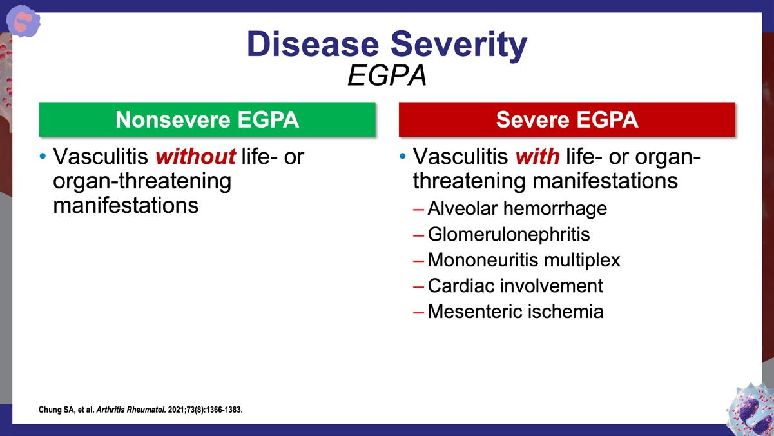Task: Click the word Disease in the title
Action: click(313, 45)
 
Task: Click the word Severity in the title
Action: click(459, 46)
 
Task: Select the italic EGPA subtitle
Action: click(387, 75)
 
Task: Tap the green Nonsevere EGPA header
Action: click(208, 119)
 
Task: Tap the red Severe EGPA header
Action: click(567, 119)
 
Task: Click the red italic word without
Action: click(195, 156)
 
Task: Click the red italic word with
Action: click(537, 156)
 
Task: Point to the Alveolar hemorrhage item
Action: click(518, 208)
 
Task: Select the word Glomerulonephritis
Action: click(508, 234)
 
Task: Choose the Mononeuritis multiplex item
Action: click(524, 260)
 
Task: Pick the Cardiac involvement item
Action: click(515, 286)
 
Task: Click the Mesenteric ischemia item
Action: click(516, 311)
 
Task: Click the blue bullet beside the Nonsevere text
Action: click(43, 156)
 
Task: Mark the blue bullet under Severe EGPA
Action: click(403, 156)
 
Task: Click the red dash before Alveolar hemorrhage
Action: click(418, 210)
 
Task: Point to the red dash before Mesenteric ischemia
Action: click(418, 313)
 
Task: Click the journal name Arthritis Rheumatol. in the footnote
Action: click(131, 410)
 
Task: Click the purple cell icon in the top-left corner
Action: click(23, 21)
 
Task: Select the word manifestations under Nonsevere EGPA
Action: click(126, 205)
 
